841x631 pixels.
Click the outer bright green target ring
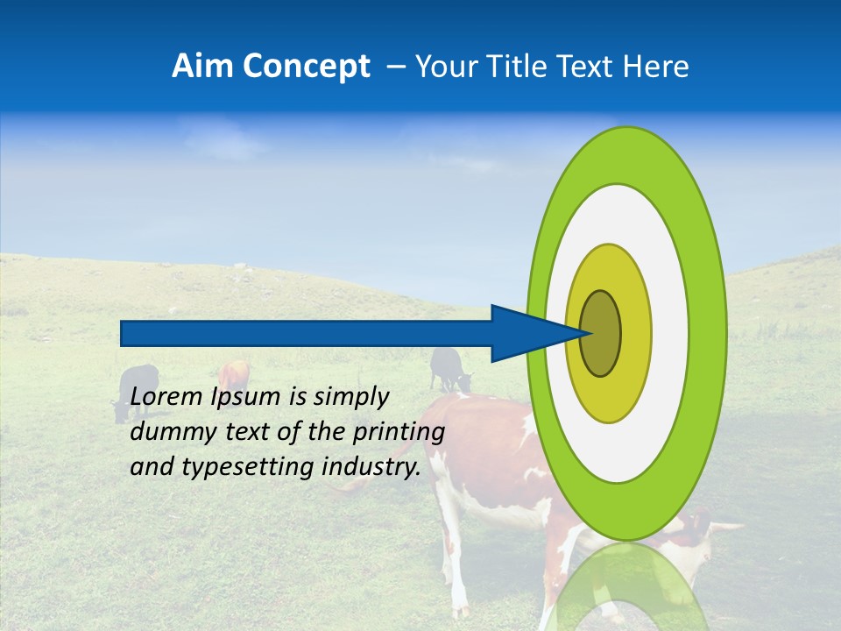710,333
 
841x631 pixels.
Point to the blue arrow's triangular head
526,334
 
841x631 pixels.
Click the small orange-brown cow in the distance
233,375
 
